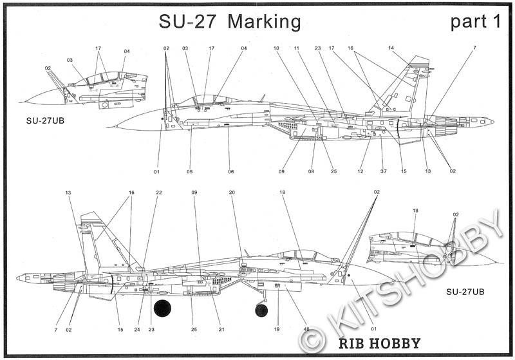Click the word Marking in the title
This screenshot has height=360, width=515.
tap(264, 22)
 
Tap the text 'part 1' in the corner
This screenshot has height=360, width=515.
tap(475, 22)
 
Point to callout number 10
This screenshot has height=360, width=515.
tap(276, 48)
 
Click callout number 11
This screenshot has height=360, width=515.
tap(297, 48)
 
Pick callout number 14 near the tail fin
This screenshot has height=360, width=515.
tap(391, 48)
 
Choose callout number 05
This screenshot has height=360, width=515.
tap(191, 171)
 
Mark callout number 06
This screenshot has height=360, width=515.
tap(230, 171)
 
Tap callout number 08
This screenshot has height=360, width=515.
tap(311, 171)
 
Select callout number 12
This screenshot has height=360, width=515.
tap(361, 171)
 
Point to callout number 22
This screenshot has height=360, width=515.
tap(159, 193)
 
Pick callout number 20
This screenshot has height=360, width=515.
tap(232, 193)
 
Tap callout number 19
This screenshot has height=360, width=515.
tap(276, 329)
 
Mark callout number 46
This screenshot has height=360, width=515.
tap(306, 329)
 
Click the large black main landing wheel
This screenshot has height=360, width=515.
tap(163, 308)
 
